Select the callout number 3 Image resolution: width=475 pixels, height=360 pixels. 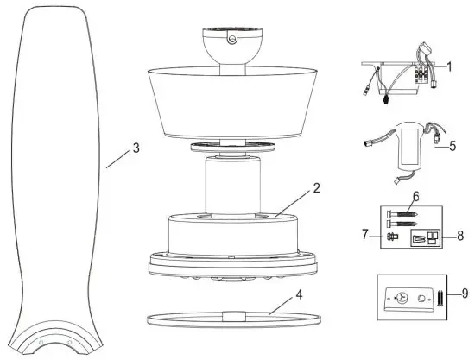pos(135,148)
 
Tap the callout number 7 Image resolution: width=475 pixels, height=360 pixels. pos(364,234)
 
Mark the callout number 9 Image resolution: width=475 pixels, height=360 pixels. pos(465,294)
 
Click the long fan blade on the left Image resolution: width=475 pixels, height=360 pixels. pos(54,190)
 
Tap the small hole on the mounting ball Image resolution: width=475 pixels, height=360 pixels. pos(231,37)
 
